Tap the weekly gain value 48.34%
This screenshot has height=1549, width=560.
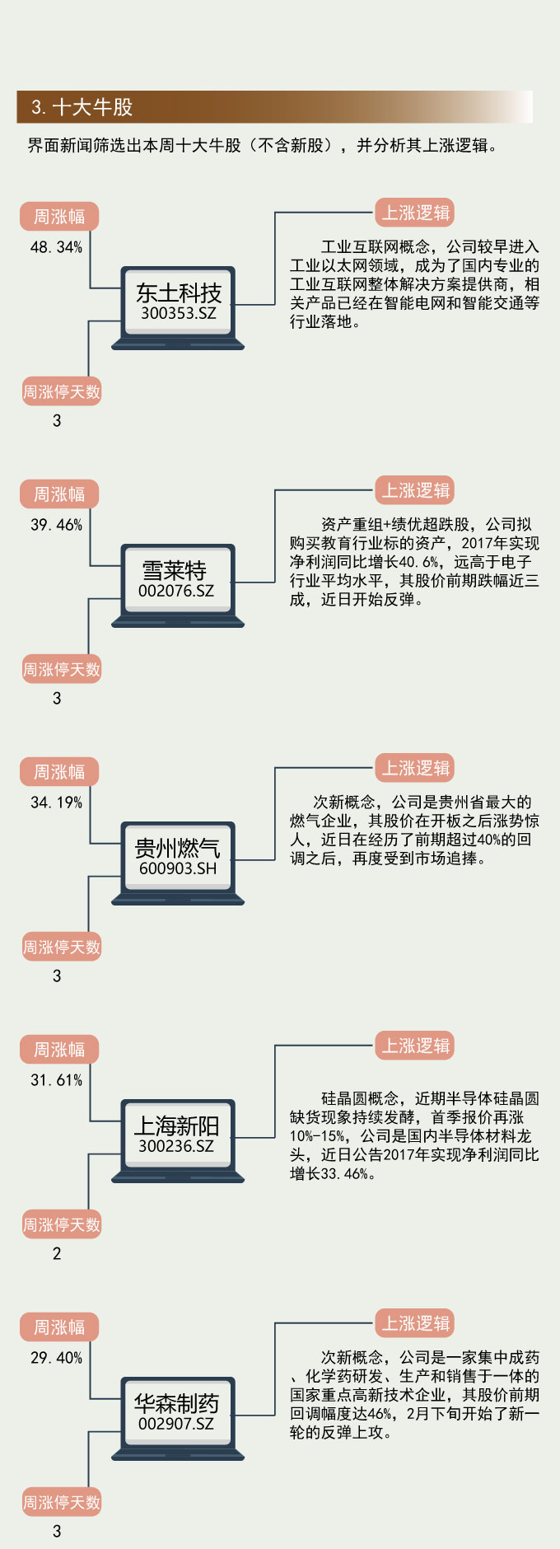coord(56,247)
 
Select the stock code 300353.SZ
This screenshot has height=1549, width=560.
coord(178,313)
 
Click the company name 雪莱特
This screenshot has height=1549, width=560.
coord(175,570)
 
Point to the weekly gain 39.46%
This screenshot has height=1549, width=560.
coord(56,525)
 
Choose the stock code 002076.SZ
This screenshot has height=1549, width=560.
coord(176,591)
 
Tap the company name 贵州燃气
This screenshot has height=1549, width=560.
coord(177,848)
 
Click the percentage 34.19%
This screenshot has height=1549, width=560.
coord(56,803)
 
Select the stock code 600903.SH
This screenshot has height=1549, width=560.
coord(178,868)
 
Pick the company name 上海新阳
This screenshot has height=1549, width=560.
coord(177,1125)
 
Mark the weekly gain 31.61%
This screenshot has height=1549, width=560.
coord(56,1080)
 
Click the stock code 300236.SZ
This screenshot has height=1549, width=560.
coord(176,1146)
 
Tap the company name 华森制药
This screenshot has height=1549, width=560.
coord(177,1403)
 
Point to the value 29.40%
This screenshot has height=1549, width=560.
coord(56,1358)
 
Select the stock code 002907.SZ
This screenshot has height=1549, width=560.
coord(176,1424)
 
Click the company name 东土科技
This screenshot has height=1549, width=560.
coord(179,292)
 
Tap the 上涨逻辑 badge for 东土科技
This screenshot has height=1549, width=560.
coord(416,213)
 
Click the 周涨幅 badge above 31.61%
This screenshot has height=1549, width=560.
coord(59,1050)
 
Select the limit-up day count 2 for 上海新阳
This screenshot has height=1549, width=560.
coord(57,1253)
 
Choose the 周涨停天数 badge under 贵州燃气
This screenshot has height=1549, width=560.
coord(62,948)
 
